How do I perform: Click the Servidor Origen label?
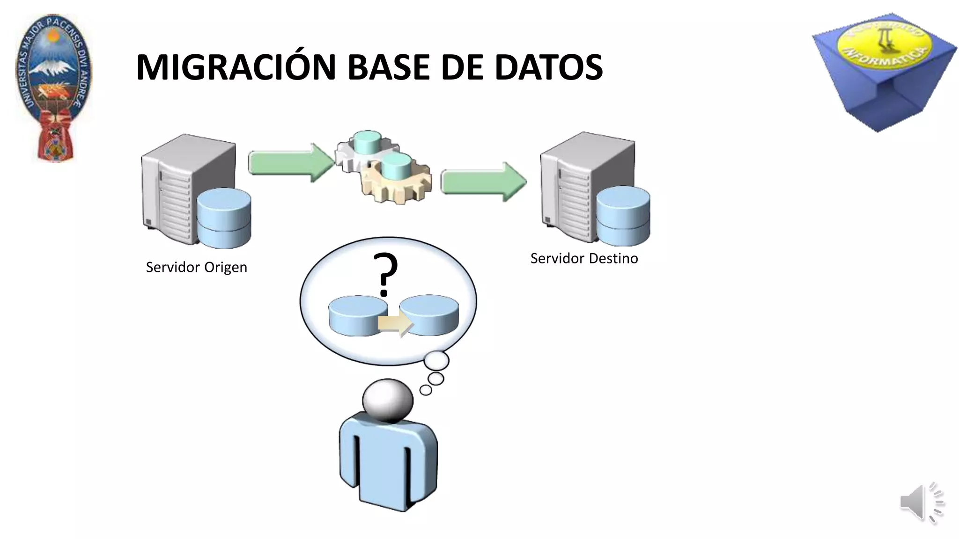[x=196, y=267]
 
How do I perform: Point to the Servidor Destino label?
[x=584, y=258]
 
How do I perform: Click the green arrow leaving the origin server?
[x=290, y=163]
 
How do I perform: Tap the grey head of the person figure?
[x=388, y=401]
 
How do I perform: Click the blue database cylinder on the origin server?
[x=224, y=218]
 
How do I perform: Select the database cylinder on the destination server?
[x=623, y=216]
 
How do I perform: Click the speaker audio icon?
[x=921, y=503]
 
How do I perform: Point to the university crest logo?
[x=54, y=87]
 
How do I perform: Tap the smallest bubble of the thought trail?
[x=426, y=390]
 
